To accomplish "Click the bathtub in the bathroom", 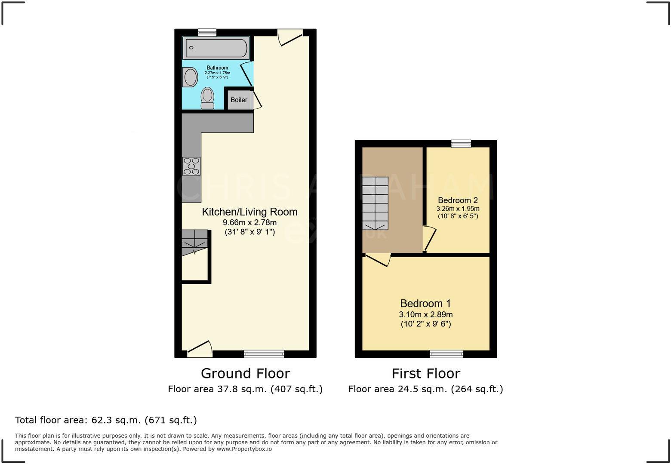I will [x=216, y=48].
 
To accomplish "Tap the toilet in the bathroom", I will [x=207, y=98].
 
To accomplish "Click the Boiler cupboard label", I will [x=239, y=100].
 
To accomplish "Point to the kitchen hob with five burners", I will [x=191, y=166].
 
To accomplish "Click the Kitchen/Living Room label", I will [x=249, y=212].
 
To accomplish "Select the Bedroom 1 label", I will [x=425, y=303].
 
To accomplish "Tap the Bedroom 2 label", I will [x=458, y=200].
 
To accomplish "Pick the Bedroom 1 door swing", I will [x=379, y=260].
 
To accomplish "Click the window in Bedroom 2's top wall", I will [x=461, y=144].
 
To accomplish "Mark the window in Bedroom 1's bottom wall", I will [x=446, y=354].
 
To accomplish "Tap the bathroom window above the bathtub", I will [x=207, y=32].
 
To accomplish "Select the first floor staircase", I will [x=375, y=203].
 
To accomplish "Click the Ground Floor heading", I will [x=245, y=373].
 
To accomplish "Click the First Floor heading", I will [x=425, y=373].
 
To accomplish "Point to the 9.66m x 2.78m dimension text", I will [x=249, y=223].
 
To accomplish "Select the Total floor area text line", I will [x=106, y=420].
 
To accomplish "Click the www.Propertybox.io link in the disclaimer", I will [x=244, y=449].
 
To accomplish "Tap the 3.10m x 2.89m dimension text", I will [x=425, y=314].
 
